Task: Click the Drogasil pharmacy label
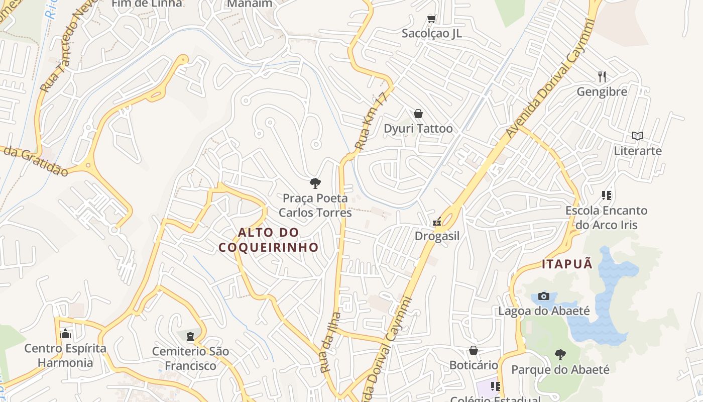(x=437, y=236)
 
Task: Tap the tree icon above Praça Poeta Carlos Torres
(x=315, y=183)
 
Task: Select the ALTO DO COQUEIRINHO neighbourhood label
(x=269, y=240)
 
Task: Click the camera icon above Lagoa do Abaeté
(x=544, y=296)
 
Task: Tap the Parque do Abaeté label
(x=560, y=370)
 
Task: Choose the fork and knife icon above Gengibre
(x=602, y=76)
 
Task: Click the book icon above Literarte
(x=638, y=136)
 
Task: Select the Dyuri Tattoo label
(x=418, y=129)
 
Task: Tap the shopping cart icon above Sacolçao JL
(x=431, y=19)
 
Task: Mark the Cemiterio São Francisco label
(x=190, y=358)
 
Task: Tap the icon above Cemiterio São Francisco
(x=190, y=336)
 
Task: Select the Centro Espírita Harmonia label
(x=65, y=356)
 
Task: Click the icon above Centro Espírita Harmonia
(x=65, y=334)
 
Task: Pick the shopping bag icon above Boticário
(x=473, y=350)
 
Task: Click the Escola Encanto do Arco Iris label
(x=606, y=218)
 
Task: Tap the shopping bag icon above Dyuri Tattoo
(x=418, y=114)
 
